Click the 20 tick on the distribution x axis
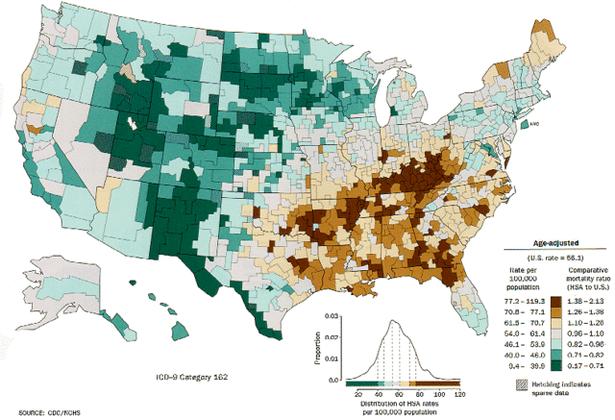(357, 395)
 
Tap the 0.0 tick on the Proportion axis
(332, 382)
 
